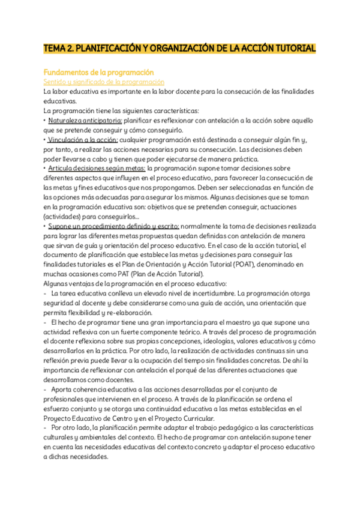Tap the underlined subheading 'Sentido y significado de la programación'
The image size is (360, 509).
click(x=104, y=82)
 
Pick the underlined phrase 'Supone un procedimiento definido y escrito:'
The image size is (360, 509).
click(x=113, y=226)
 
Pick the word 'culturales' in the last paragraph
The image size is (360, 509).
click(x=61, y=438)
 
